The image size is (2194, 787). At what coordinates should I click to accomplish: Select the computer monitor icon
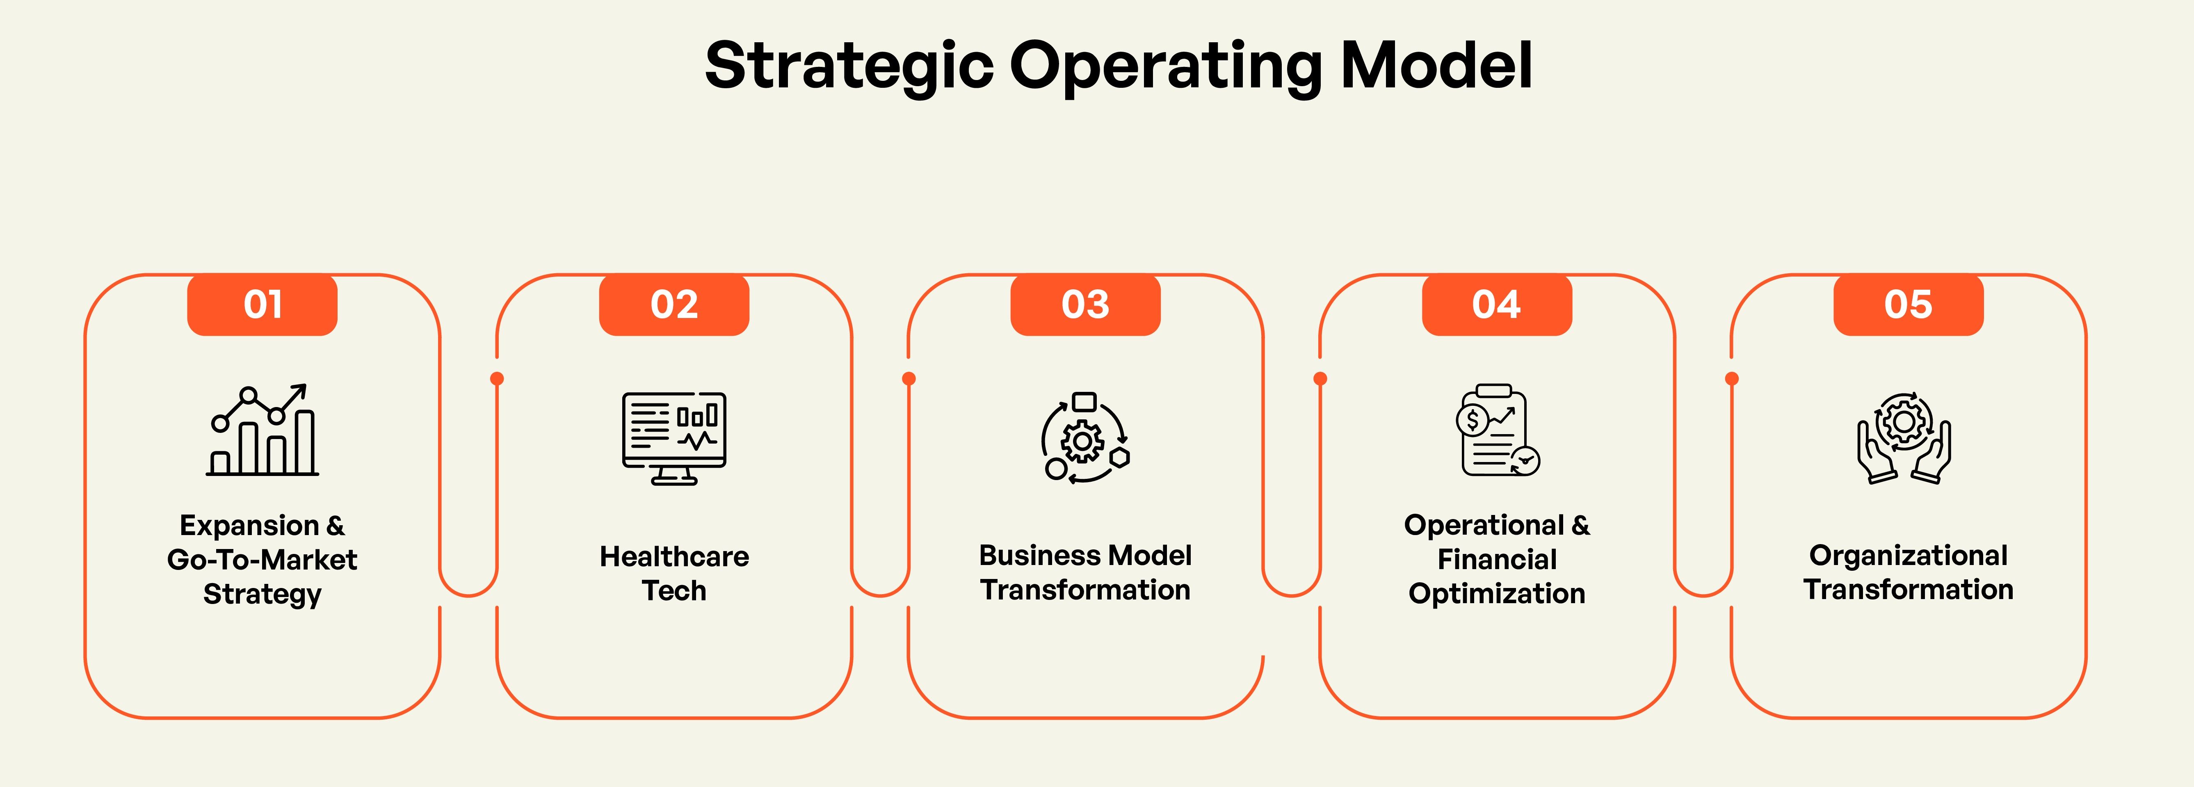(x=673, y=438)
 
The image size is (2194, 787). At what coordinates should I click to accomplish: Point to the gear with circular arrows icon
(x=1085, y=438)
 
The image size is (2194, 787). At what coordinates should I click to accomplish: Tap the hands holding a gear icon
(x=1904, y=438)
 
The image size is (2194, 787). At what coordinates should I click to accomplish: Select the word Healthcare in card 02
(x=673, y=556)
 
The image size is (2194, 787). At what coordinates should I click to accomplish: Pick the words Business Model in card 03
(x=1085, y=555)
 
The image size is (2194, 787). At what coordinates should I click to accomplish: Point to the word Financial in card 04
(x=1496, y=560)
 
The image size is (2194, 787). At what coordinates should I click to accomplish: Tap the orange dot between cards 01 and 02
(x=498, y=378)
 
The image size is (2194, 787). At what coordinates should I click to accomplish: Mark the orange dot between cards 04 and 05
(x=1731, y=378)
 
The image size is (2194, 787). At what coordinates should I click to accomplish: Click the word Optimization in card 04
(x=1496, y=594)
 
